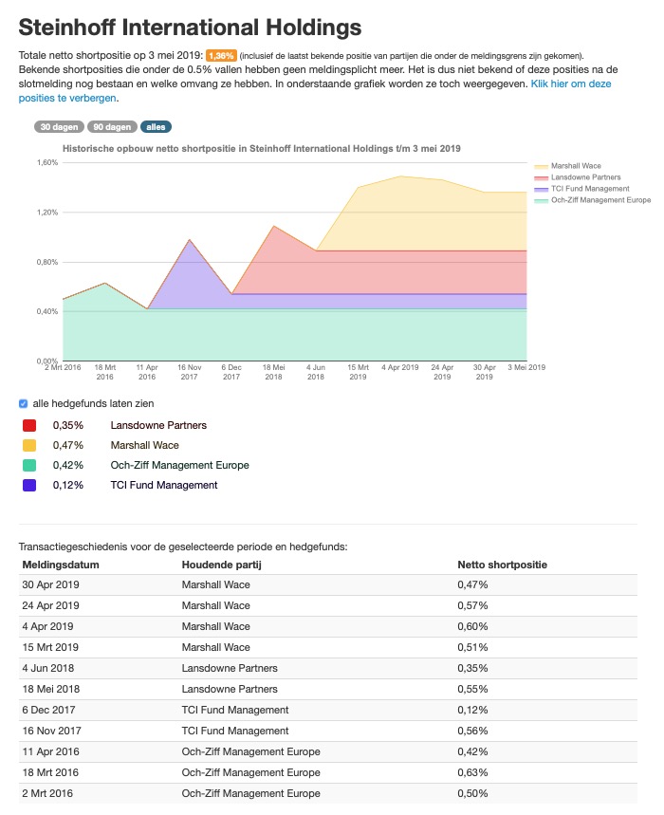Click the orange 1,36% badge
220,56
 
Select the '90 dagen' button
112,126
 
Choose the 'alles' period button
156,126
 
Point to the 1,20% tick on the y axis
46,212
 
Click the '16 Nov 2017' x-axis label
189,371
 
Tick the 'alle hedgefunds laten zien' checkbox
25,403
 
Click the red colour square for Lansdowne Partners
29,425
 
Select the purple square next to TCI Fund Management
29,485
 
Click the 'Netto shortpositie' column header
502,565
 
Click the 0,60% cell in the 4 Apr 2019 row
472,626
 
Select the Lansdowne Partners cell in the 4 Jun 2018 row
230,668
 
